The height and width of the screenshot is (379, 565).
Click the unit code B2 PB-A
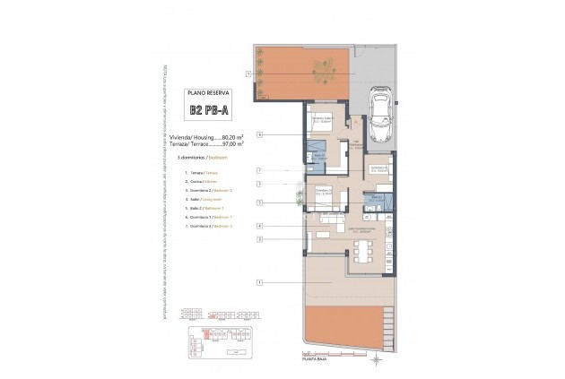[x=207, y=111]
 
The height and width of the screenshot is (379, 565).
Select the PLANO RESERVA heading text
[x=207, y=92]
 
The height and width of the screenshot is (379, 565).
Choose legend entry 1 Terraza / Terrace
[x=201, y=171]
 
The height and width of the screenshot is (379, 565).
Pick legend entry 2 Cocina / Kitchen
[x=201, y=181]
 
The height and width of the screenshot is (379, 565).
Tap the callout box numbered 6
[x=258, y=135]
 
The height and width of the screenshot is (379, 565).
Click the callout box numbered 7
[x=258, y=169]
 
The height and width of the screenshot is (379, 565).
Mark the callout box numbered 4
[x=258, y=226]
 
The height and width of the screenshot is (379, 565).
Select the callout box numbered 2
[x=258, y=239]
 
